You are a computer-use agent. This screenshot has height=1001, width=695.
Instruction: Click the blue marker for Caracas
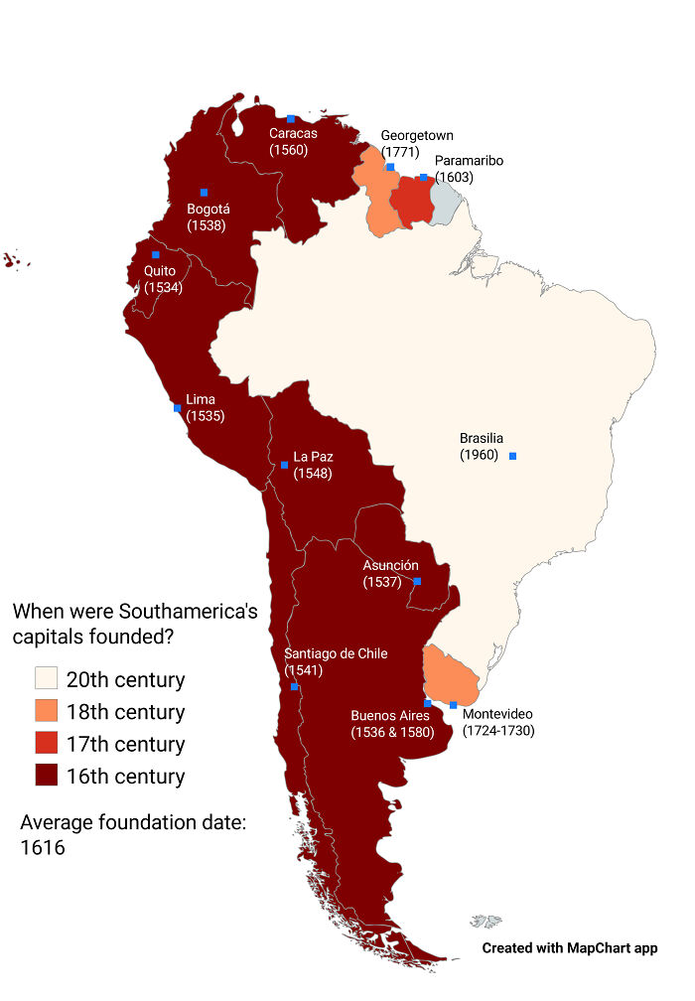291,119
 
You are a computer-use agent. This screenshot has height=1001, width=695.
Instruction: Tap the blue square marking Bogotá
204,193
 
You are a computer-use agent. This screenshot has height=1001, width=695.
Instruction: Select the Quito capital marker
156,255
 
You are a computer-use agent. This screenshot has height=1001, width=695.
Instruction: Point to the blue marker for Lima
178,408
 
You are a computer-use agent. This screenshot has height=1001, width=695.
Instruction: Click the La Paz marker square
284,465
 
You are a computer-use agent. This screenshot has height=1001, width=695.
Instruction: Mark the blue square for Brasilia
512,456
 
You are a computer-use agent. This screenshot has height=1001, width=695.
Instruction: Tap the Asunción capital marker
417,581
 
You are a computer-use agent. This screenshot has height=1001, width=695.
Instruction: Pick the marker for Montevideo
454,705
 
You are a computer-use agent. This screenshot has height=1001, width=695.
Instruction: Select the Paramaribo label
469,161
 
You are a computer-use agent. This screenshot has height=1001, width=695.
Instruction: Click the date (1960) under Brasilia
478,455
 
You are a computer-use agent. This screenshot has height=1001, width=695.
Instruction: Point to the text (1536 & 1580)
392,733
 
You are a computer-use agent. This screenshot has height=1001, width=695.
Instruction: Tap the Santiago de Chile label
336,653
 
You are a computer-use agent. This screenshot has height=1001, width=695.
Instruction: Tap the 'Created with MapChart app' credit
570,948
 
